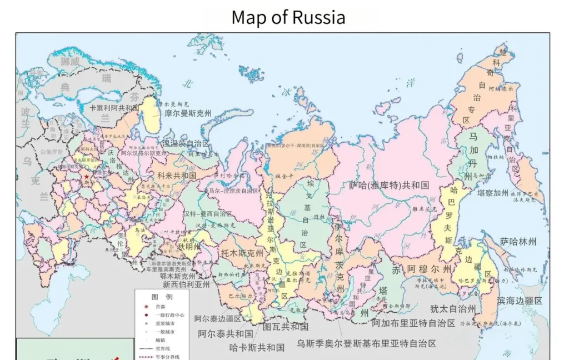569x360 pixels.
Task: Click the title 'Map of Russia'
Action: pos(288,17)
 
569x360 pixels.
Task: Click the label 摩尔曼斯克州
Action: pos(188,113)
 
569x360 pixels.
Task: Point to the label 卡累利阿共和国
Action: pos(114,108)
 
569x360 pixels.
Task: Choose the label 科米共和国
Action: pos(177,175)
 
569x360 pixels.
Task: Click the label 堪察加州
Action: pos(493,193)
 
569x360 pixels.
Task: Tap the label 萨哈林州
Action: pos(518,242)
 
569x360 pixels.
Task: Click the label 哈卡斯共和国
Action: pos(257,348)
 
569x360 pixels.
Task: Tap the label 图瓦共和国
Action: pos(286,327)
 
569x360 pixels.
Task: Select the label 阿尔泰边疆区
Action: pos(218,319)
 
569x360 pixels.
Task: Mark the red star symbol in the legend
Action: pos(146,306)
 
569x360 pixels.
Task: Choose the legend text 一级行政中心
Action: pos(167,314)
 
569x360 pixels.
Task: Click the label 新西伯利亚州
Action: pos(186,284)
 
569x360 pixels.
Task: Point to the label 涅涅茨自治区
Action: pos(186,143)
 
